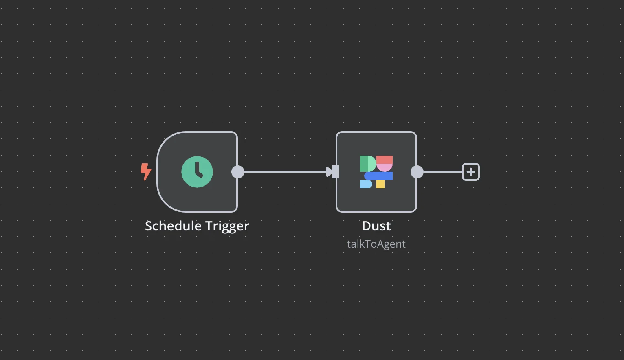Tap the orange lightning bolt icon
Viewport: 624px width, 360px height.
point(145,171)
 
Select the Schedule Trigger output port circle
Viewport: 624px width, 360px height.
point(238,172)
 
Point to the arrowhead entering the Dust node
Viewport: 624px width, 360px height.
point(330,172)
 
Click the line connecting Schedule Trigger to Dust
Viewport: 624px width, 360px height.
point(285,172)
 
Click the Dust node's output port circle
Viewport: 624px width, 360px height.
point(417,172)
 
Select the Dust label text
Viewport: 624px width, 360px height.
point(376,226)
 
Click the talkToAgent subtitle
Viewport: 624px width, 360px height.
point(376,244)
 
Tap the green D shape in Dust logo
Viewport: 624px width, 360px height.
point(367,163)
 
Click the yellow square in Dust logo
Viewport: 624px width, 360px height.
point(380,184)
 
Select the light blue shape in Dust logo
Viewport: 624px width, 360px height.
point(366,184)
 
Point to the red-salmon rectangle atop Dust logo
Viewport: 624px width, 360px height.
point(385,159)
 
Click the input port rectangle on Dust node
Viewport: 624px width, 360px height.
point(336,172)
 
